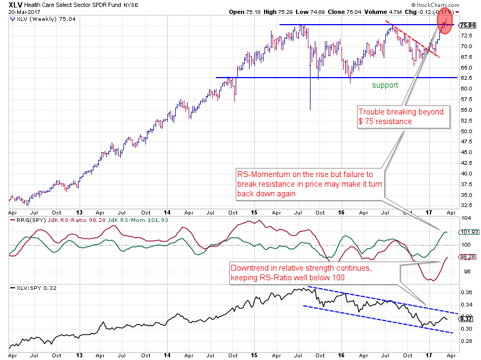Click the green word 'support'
[x=385, y=85]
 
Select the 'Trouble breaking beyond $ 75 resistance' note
[x=401, y=116]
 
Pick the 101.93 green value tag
[x=468, y=232]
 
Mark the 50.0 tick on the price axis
[x=467, y=131]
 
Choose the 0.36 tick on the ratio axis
[x=466, y=293]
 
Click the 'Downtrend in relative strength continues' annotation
[x=314, y=272]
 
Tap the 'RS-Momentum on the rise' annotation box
[x=310, y=183]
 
